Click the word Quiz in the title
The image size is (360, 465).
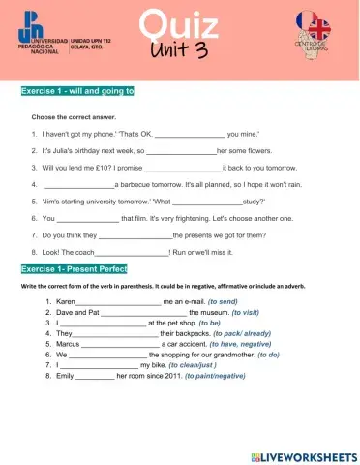[x=180, y=24]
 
